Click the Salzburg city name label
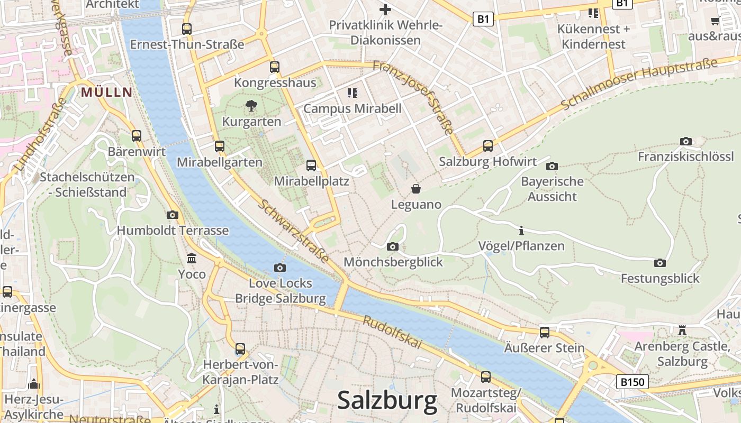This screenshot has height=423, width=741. tap(387, 400)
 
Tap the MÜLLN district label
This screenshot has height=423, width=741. tap(106, 93)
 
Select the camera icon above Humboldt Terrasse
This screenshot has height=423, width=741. tap(173, 215)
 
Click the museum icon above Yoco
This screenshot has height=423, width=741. tap(192, 259)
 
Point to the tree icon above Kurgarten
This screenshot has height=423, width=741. tap(251, 106)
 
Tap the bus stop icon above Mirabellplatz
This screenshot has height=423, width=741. tap(311, 165)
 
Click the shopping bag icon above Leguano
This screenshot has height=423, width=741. tap(416, 188)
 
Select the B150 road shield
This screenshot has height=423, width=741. tap(632, 381)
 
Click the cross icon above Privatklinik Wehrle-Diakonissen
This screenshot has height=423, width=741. tap(385, 10)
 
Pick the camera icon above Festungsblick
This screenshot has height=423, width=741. tap(659, 263)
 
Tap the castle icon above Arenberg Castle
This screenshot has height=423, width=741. tap(682, 330)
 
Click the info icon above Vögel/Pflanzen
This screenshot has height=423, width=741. tap(521, 231)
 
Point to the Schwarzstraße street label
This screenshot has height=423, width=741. tap(293, 232)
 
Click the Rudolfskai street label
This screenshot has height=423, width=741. tap(393, 333)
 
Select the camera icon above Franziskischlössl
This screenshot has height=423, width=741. tap(685, 141)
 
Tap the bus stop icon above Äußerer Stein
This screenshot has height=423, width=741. tap(544, 332)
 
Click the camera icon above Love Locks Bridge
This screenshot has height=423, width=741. tap(280, 268)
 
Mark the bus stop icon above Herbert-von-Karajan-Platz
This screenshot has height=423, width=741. tap(240, 349)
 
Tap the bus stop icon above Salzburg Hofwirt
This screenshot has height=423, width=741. tap(488, 145)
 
